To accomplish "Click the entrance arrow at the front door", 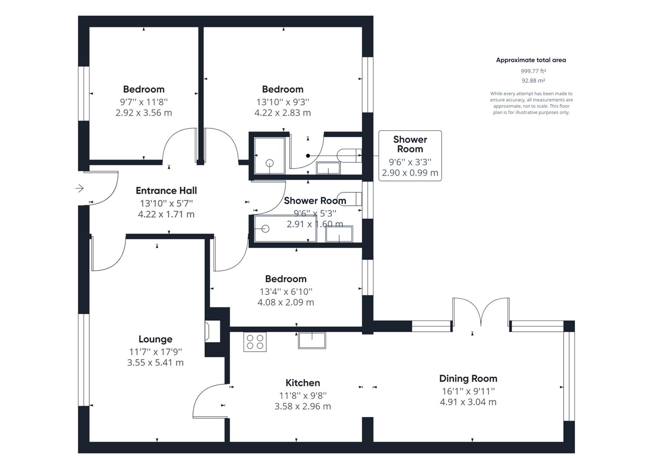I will click(79, 188).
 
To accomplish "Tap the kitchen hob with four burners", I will click(255, 341).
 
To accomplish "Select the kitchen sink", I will click(312, 340).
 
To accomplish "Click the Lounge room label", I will click(155, 339).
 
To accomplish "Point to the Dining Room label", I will click(468, 378).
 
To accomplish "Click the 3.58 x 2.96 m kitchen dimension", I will click(303, 406).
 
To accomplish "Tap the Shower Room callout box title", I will click(410, 144).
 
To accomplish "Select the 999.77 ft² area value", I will click(533, 71).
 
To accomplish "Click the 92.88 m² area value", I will click(533, 81).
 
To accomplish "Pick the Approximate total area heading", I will click(531, 60).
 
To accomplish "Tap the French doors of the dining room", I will click(481, 312).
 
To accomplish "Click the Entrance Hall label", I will click(166, 191).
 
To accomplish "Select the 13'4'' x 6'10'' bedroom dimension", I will click(285, 291).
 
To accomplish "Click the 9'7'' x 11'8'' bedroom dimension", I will click(144, 102).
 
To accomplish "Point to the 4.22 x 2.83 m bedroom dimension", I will click(283, 112).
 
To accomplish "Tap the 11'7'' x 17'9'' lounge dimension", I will click(155, 351).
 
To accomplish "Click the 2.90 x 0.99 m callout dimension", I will click(410, 173).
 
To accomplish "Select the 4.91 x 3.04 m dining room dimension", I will click(468, 402).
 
